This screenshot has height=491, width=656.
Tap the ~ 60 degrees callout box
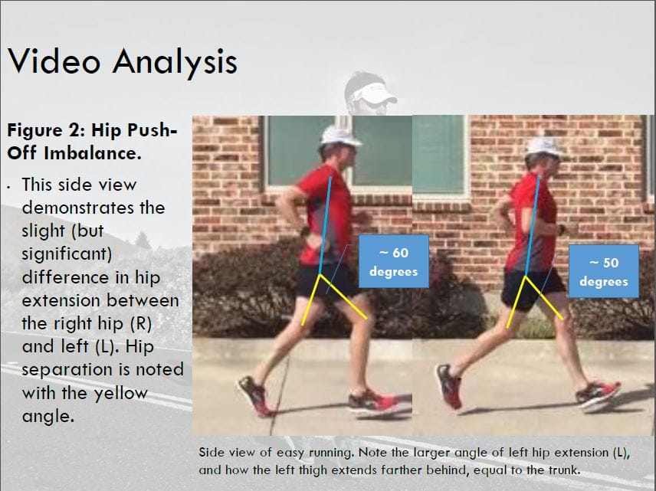(393, 260)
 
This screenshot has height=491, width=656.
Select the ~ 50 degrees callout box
(603, 271)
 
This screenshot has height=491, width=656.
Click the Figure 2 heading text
(92, 141)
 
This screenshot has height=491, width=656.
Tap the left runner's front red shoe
(372, 403)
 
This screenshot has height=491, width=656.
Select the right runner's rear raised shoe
(448, 386)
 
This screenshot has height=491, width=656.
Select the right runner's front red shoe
(598, 395)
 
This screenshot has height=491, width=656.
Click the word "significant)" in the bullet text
(64, 253)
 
